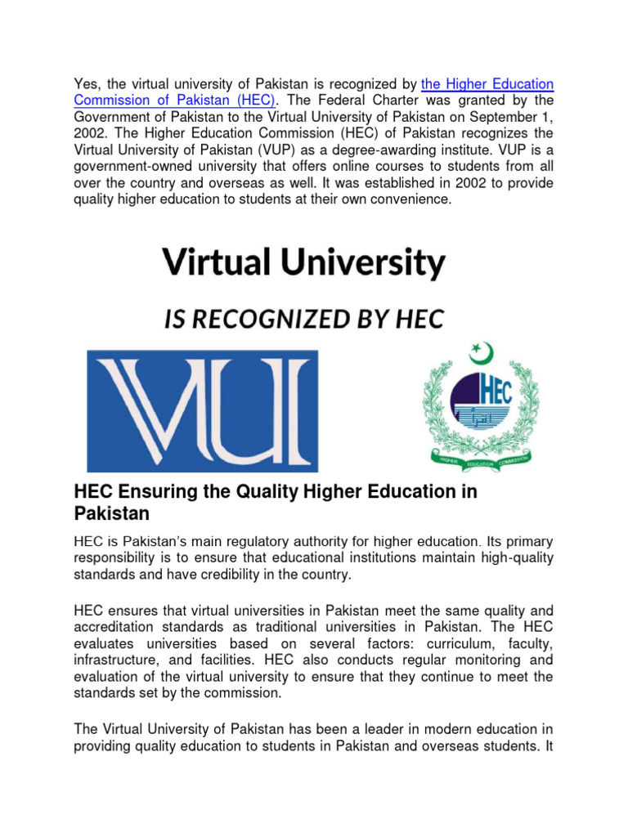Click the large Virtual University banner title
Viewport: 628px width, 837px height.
(303, 263)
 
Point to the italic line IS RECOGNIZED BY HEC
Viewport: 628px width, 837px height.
(303, 320)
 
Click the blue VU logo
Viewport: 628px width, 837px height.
(203, 411)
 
